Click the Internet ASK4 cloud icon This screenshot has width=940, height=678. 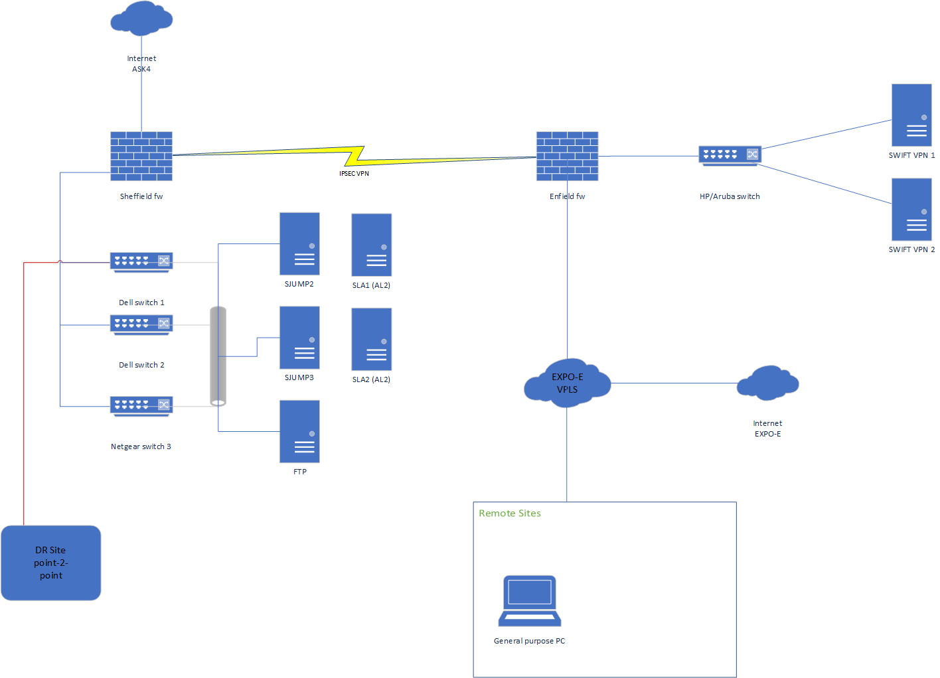[141, 19]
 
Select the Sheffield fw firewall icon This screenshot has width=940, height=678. [141, 156]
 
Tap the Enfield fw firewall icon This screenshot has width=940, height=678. [567, 156]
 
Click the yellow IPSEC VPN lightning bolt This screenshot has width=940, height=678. [355, 156]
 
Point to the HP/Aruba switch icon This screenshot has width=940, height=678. [730, 155]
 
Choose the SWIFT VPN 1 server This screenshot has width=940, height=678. [911, 115]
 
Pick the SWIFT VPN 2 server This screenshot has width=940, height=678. [911, 209]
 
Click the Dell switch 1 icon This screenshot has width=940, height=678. [141, 262]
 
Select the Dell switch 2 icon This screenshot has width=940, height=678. [141, 324]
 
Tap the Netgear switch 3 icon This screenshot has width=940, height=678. [141, 406]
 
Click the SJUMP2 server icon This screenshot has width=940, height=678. [299, 243]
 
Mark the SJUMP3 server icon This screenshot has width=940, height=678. [299, 337]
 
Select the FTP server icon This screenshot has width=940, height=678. [299, 431]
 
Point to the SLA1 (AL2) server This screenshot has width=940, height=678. [371, 245]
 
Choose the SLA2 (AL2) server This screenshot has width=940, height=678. [371, 339]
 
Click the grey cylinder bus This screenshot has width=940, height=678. [218, 356]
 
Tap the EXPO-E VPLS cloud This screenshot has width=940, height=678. [567, 383]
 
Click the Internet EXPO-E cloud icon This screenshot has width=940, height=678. [767, 383]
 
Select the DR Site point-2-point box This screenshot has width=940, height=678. [51, 563]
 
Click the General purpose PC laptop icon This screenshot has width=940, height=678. [530, 600]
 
